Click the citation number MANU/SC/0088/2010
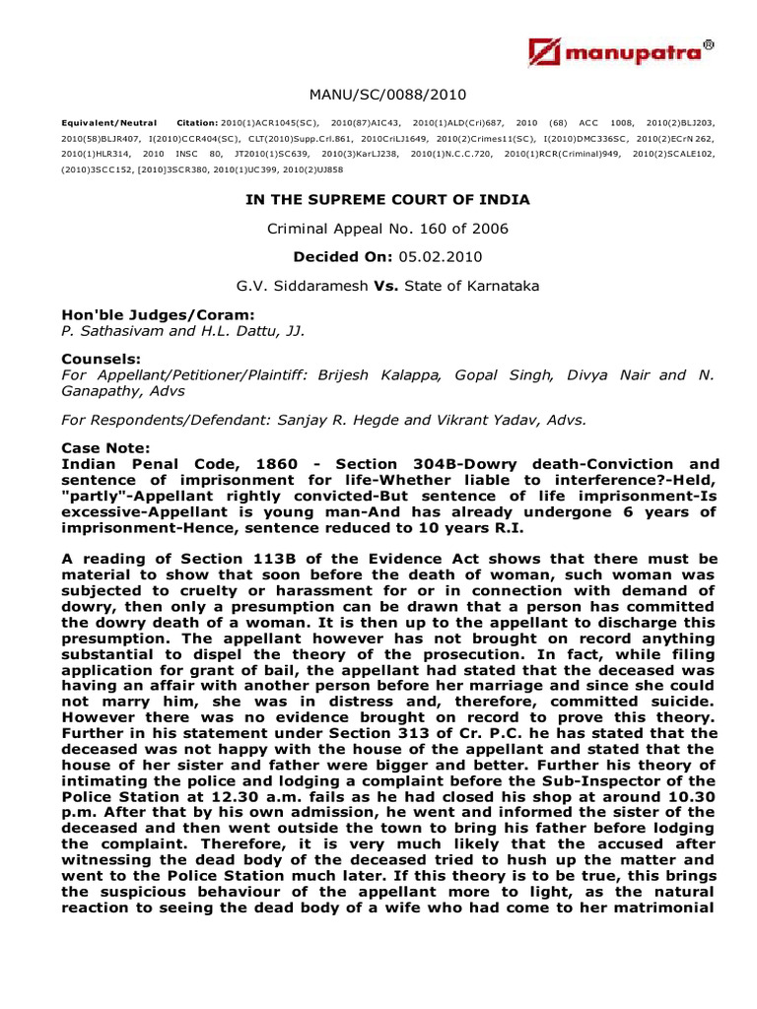(386, 95)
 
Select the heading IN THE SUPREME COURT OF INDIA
(386, 199)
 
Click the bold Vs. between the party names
(384, 287)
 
